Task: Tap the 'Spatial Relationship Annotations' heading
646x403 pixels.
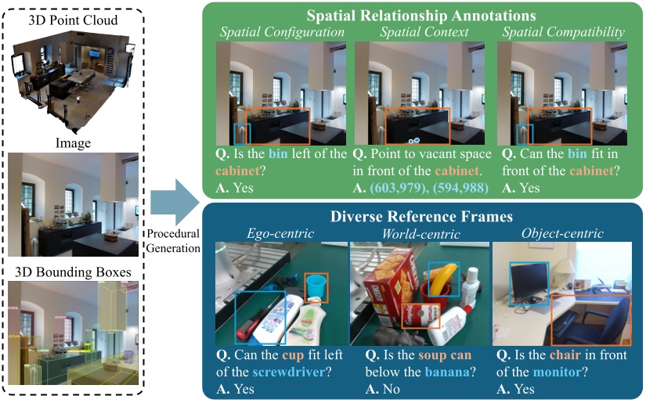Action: pyautogui.click(x=422, y=15)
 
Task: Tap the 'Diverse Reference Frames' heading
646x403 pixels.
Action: pyautogui.click(x=422, y=217)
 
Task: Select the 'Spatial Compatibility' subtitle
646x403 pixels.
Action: pyautogui.click(x=565, y=33)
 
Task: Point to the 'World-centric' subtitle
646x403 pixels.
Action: pyautogui.click(x=420, y=234)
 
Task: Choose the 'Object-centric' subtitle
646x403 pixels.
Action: pyautogui.click(x=562, y=234)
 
